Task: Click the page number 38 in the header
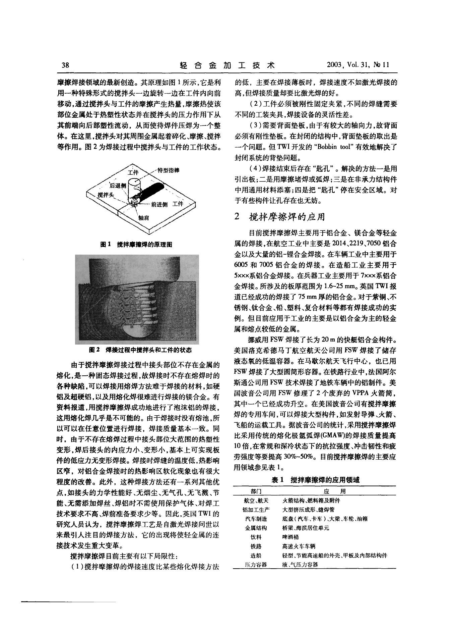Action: (x=63, y=65)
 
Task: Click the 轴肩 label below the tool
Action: (x=143, y=218)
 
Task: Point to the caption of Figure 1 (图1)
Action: (x=136, y=245)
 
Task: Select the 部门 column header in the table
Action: (x=256, y=491)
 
